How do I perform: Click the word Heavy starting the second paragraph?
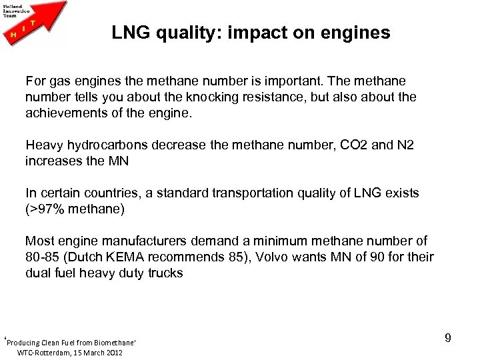[43, 145]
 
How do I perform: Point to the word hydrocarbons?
[104, 145]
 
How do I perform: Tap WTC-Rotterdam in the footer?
[46, 351]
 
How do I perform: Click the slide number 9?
[448, 339]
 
